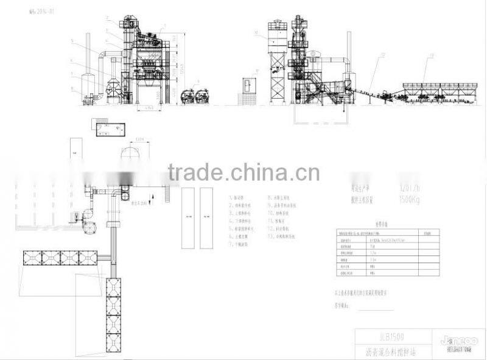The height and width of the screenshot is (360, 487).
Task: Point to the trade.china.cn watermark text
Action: (243, 172)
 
